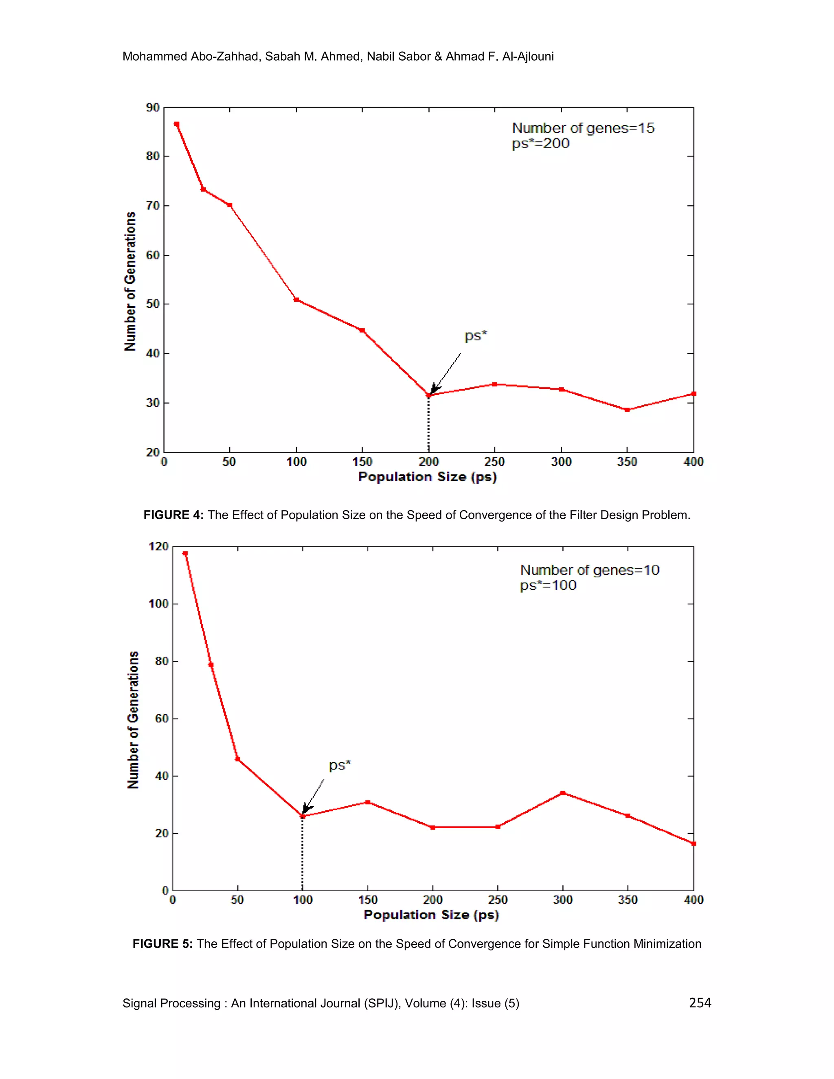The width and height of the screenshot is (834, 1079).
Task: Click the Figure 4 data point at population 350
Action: click(627, 410)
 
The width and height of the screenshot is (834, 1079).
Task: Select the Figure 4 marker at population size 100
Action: click(296, 299)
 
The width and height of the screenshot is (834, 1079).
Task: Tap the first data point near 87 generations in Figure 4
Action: click(177, 124)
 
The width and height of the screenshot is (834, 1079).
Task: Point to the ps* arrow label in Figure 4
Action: click(476, 336)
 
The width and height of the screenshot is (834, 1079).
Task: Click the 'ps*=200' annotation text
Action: click(540, 144)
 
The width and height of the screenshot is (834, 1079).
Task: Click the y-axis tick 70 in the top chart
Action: click(153, 206)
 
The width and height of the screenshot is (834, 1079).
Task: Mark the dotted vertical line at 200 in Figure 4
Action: click(428, 425)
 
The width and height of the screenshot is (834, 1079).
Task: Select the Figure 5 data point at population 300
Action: click(563, 793)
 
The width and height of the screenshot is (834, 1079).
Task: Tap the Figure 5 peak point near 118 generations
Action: click(185, 553)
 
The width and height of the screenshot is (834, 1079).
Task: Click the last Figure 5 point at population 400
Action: click(693, 843)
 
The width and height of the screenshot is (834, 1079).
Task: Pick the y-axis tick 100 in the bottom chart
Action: click(158, 604)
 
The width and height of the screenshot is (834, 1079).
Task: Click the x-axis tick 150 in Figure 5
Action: click(368, 900)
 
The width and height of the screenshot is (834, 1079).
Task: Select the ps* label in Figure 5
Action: click(340, 765)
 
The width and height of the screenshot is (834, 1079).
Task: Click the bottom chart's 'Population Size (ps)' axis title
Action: click(431, 915)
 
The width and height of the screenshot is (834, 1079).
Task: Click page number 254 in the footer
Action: click(700, 1003)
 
